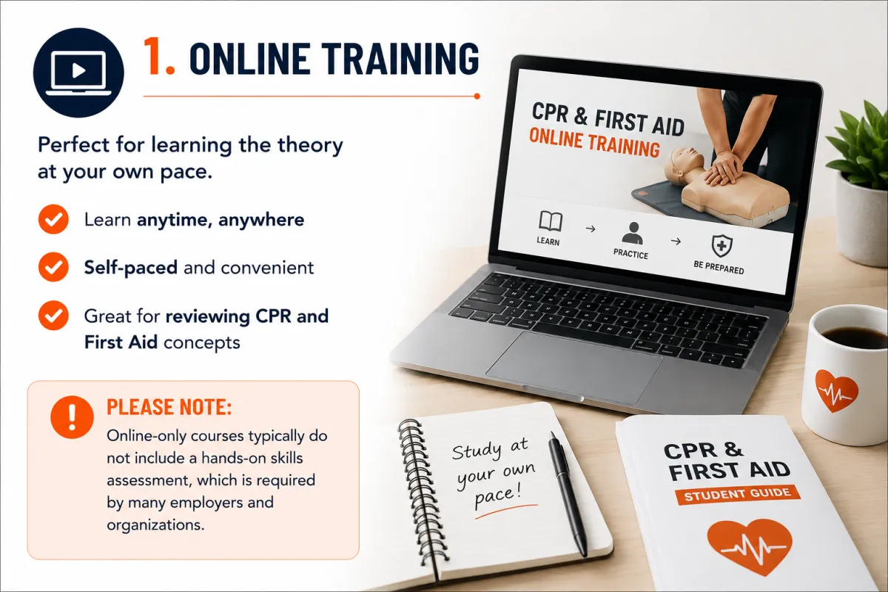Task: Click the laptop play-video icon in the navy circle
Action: [78, 73]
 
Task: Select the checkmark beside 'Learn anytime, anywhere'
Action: [53, 219]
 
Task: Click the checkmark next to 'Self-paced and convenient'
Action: [53, 267]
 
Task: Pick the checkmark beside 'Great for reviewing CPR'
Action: [53, 316]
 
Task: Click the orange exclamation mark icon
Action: [73, 417]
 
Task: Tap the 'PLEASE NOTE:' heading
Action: [169, 407]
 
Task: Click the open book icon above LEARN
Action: [551, 221]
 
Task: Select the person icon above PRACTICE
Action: [633, 233]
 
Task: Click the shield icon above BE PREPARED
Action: [722, 246]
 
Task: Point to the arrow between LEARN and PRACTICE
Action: [591, 229]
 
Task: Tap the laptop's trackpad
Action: [573, 367]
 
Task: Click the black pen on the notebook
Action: [568, 493]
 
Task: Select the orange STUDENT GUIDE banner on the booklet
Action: [738, 494]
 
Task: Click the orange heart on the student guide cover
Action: [750, 548]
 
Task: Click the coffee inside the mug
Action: [856, 337]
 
